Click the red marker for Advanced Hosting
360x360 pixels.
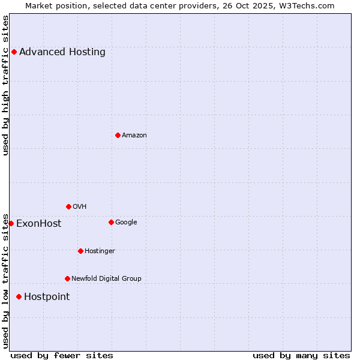(x=14, y=52)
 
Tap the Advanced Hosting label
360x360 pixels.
(x=62, y=52)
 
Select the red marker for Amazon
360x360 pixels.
(x=118, y=135)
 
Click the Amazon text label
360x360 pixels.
(x=134, y=135)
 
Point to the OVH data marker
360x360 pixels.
(x=68, y=206)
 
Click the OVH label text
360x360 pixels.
(x=80, y=206)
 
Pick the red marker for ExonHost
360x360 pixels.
(x=11, y=223)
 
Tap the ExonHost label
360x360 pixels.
(x=38, y=224)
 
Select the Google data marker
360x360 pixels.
(x=111, y=222)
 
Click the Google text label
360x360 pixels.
(x=126, y=222)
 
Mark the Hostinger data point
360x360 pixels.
(x=80, y=251)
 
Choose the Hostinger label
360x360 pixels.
(x=100, y=251)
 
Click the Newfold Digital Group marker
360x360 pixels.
(x=67, y=278)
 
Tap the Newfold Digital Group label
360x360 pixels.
(x=106, y=278)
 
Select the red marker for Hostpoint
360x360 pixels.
(x=19, y=296)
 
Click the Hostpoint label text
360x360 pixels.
(x=47, y=297)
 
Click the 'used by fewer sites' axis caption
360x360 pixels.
(x=62, y=355)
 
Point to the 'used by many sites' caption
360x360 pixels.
(x=301, y=355)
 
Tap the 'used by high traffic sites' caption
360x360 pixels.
(x=6, y=85)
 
